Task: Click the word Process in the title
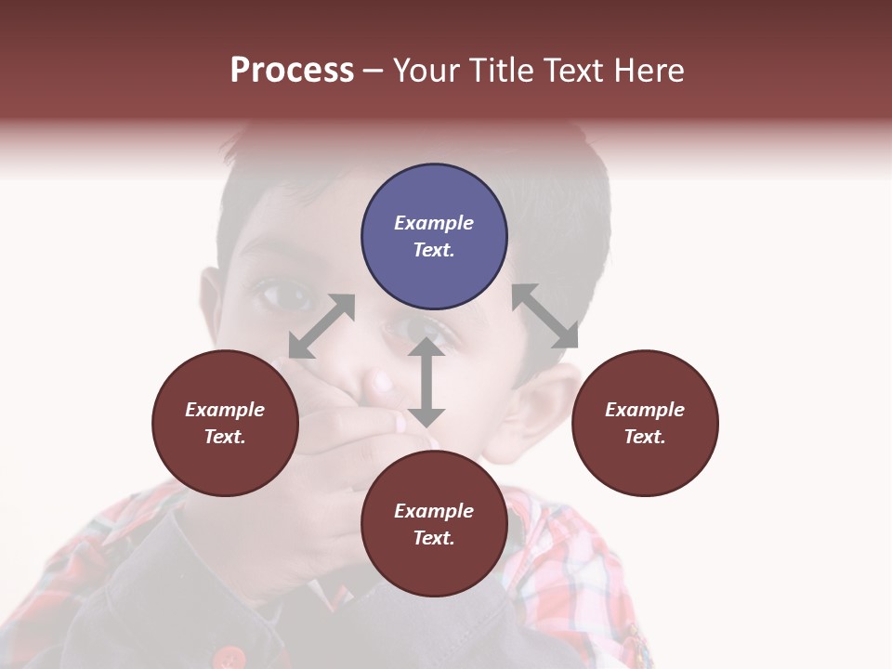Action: coord(292,71)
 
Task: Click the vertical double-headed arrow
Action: coord(426,382)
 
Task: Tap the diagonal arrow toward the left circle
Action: coord(321,326)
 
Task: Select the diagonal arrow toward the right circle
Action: coord(544,316)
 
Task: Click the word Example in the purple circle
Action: coord(434,223)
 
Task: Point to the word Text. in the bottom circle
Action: coord(434,538)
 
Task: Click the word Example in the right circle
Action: coord(645,410)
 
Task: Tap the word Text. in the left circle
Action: coord(225,437)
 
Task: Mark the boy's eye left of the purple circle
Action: coord(279,295)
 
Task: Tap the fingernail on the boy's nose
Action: coord(382,380)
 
